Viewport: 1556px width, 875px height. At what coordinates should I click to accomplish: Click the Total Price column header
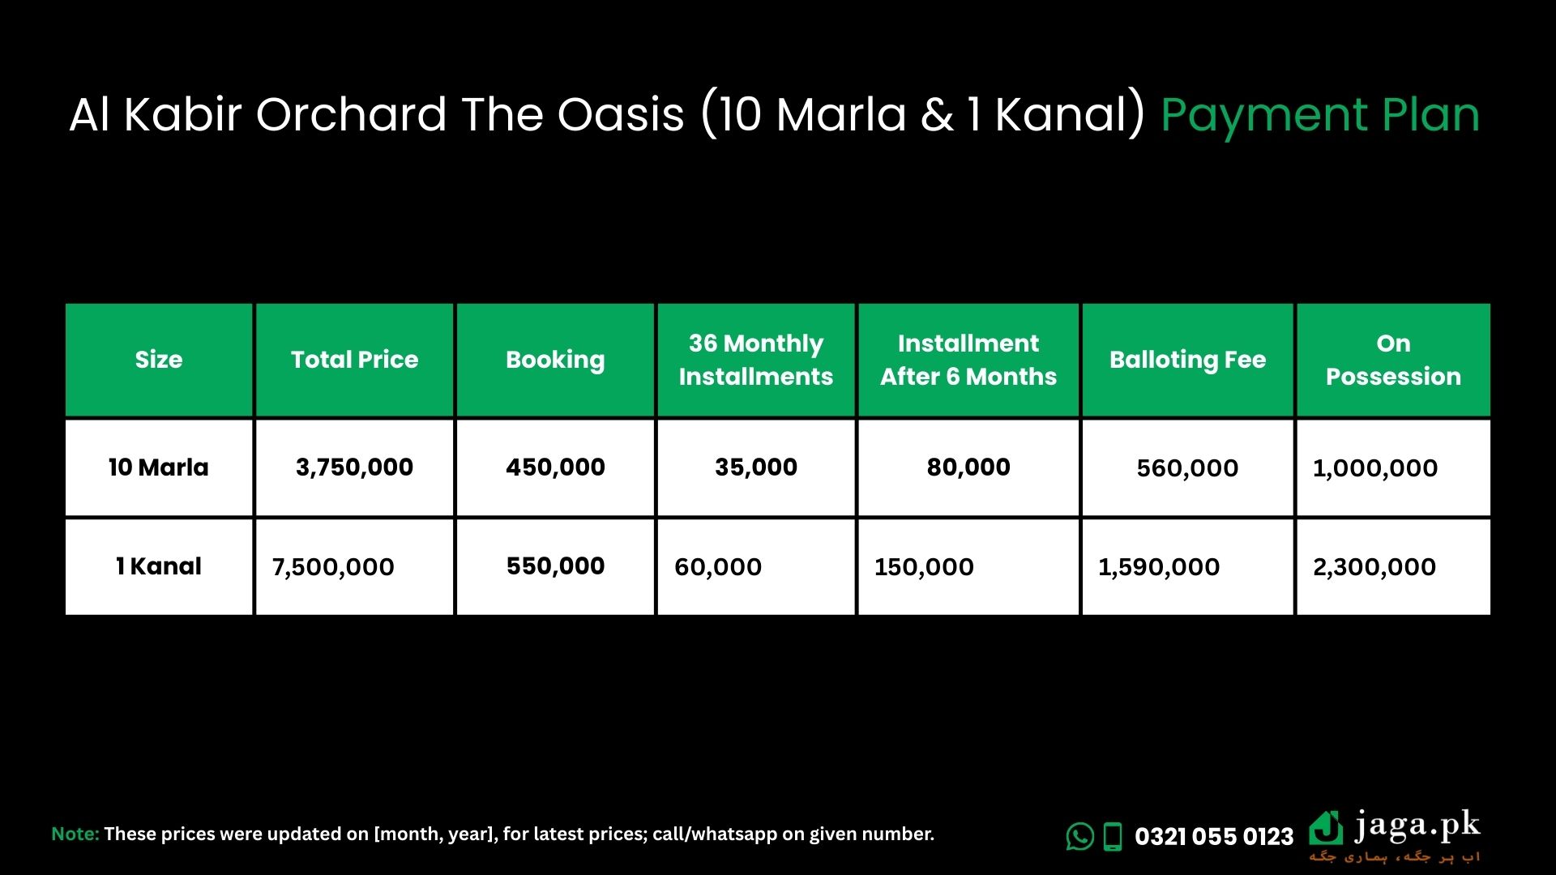click(354, 360)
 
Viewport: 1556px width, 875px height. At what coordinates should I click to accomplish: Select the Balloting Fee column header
click(1187, 360)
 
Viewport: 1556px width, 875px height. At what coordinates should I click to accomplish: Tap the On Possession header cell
click(1393, 360)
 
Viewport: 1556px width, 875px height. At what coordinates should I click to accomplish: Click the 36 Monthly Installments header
click(755, 360)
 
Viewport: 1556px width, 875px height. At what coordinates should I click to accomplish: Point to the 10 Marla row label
click(159, 467)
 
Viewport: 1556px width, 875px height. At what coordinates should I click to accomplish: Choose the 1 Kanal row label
click(159, 566)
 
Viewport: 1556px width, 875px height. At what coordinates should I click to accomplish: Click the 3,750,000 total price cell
click(354, 467)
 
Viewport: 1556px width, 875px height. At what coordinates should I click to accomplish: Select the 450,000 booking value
click(555, 467)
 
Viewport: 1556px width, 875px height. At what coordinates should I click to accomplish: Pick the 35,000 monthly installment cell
click(756, 467)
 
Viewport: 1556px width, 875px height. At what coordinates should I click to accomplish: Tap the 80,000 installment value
click(968, 467)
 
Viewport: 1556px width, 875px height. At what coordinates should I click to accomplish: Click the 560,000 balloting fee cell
click(1187, 468)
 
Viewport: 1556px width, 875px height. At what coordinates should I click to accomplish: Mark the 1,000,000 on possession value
click(1375, 468)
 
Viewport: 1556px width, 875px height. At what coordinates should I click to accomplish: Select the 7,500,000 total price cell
click(333, 567)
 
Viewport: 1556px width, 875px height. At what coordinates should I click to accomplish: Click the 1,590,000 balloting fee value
click(1159, 567)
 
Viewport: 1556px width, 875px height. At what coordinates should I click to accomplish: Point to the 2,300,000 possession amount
click(1374, 567)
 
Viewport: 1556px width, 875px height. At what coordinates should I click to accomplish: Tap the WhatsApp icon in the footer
click(1080, 836)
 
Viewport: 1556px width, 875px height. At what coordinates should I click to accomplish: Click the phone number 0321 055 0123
click(1214, 837)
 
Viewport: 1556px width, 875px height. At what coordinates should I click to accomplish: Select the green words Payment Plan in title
click(1320, 115)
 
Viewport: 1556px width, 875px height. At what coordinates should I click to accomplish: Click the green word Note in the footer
click(75, 834)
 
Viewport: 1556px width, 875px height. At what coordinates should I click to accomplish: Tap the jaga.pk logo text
click(1417, 827)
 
